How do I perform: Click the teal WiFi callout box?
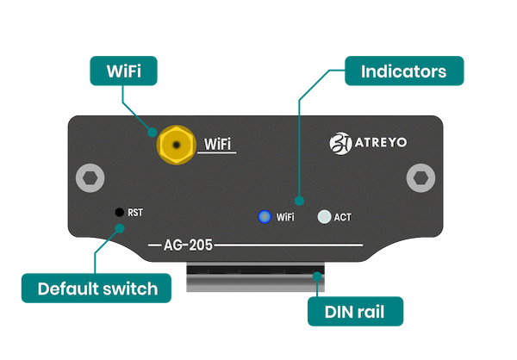[125, 71]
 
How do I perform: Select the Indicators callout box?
[404, 71]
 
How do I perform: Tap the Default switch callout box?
[97, 289]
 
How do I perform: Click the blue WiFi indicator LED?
[265, 216]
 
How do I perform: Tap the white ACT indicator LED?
[324, 216]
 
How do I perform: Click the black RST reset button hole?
[118, 211]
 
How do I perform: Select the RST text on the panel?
[135, 212]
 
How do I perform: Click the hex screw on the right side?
[418, 178]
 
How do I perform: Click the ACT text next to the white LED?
[342, 217]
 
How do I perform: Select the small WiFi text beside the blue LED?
[285, 217]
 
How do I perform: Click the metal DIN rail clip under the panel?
[256, 279]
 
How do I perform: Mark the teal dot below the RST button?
[120, 229]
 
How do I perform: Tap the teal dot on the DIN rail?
[319, 277]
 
